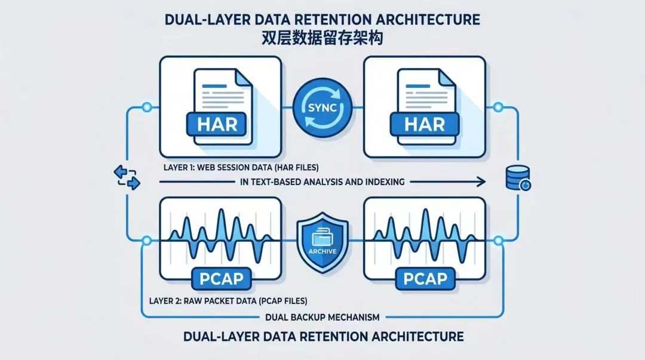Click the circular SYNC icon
322,108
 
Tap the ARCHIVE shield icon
322,242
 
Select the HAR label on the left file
217,124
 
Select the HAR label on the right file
425,124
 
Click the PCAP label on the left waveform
222,279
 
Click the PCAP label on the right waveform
425,279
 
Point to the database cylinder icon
517,178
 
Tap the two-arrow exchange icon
127,177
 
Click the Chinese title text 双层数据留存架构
322,38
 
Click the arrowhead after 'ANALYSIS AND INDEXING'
480,181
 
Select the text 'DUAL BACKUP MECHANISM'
322,317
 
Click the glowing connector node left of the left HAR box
146,108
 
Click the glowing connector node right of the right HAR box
498,108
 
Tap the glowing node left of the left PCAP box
146,241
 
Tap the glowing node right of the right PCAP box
498,241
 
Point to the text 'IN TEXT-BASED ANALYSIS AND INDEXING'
322,181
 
